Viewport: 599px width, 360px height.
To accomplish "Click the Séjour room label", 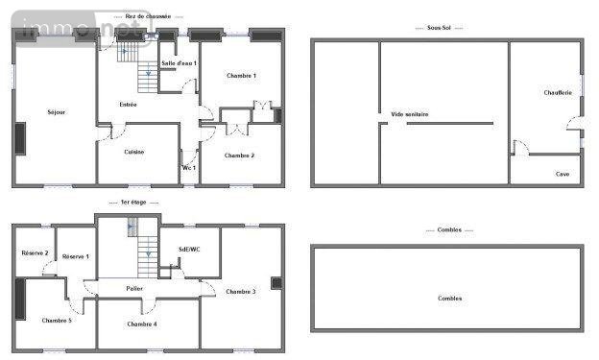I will coord(56,113).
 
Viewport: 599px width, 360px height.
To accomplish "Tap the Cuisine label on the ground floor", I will coord(134,152).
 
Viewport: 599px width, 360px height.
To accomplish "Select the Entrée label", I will coord(128,104).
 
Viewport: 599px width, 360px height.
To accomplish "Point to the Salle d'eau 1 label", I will coord(179,63).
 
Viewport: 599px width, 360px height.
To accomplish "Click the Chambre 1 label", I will coord(241,76).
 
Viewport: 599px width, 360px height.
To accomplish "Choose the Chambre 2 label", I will coord(239,156).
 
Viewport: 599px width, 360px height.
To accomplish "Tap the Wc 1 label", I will coord(189,168).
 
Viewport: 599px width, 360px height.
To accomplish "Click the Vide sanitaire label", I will coord(410,114).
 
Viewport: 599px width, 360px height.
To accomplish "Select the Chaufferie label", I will coord(558,92).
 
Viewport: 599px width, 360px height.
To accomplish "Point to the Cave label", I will coord(562,174).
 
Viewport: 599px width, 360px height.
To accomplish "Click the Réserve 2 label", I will coord(35,252).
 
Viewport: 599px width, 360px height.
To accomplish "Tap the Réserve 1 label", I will coord(75,256).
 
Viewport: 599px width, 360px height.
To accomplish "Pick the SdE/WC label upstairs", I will coord(189,250).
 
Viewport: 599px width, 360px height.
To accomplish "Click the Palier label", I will coord(134,287).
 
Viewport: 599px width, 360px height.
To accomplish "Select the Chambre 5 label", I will coord(57,320).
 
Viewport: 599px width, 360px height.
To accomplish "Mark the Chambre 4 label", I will coord(142,324).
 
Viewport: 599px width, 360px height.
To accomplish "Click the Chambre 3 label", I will coord(241,291).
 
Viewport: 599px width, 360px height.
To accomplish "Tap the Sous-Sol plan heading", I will coord(445,28).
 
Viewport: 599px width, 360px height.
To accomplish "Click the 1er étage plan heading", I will coord(140,203).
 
